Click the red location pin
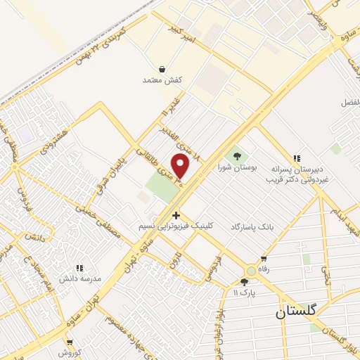click(181, 166)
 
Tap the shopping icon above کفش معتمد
click(162, 70)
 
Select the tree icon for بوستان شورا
click(236, 156)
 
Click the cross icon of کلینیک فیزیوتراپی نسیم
click(176, 214)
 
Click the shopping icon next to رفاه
click(264, 259)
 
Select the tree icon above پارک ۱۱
click(244, 282)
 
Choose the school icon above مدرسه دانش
click(79, 267)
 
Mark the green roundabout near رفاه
click(251, 271)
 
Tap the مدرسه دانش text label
click(80, 278)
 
